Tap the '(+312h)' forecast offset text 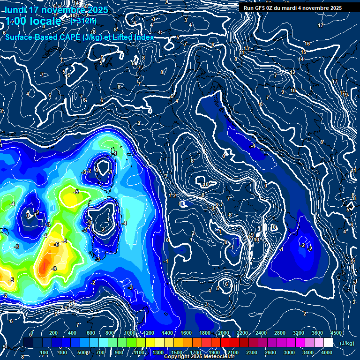point(83,21)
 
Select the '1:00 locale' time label point(33,22)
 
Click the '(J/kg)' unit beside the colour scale point(346,344)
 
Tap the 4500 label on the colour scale point(337,333)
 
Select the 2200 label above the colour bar point(242,333)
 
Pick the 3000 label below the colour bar point(289,352)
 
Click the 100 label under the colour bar point(44,352)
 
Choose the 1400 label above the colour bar point(167,333)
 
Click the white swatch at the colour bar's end point(337,343)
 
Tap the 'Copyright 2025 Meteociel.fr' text point(199,357)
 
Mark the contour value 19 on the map point(345,95)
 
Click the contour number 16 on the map point(307,44)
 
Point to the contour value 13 point(246,49)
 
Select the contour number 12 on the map point(292,73)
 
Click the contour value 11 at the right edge point(354,171)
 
